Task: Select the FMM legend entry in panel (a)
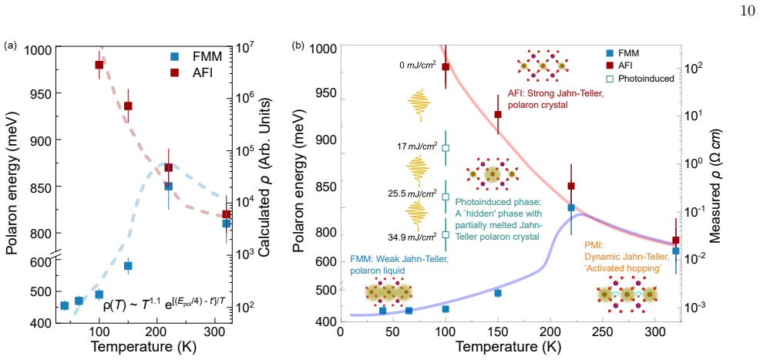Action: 193,56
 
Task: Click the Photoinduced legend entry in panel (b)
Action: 638,78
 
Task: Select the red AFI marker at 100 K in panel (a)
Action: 99,65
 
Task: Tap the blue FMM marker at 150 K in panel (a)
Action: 128,265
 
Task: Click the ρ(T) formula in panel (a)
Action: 164,305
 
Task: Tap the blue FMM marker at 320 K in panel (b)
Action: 676,251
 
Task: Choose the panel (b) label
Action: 298,46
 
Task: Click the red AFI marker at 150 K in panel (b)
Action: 498,114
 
